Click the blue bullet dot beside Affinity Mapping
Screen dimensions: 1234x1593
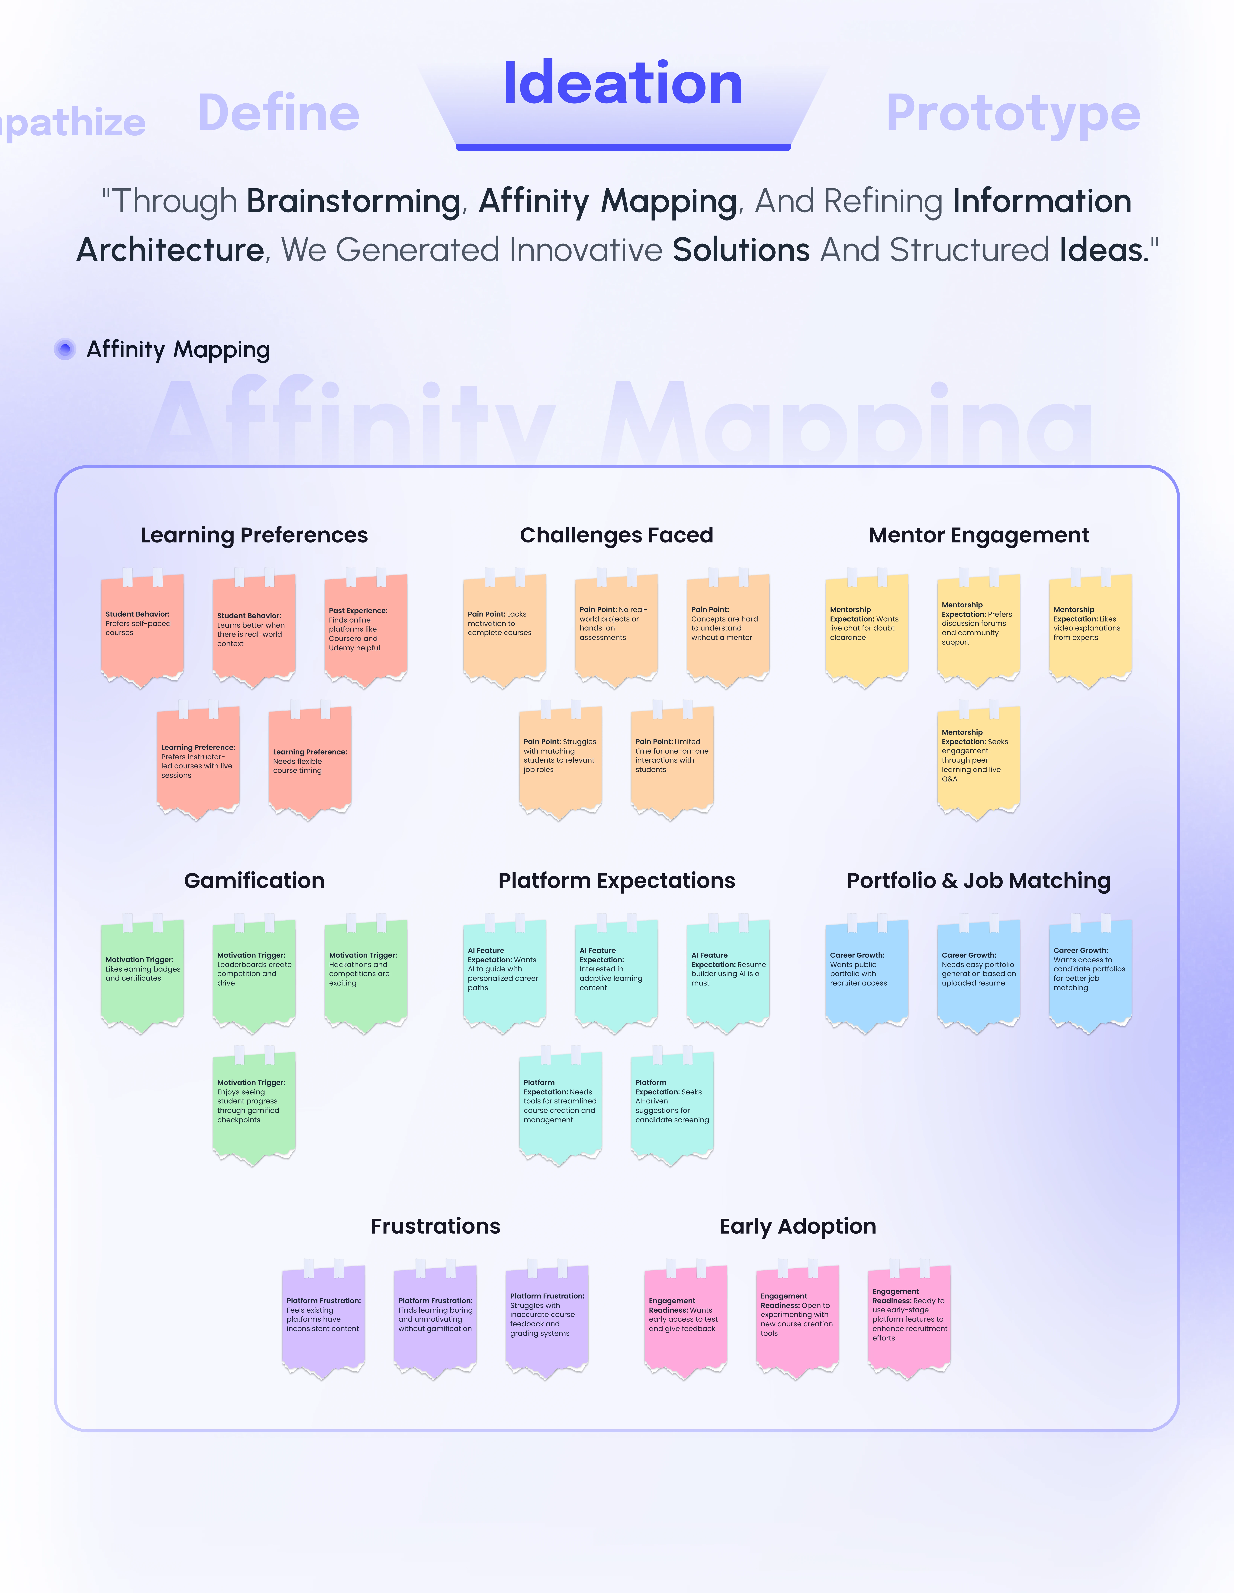click(x=65, y=349)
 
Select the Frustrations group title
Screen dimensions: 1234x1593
click(x=435, y=1226)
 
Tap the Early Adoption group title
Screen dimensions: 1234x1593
click(x=798, y=1226)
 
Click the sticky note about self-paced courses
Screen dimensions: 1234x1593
click(x=142, y=629)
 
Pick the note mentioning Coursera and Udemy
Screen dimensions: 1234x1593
click(x=365, y=629)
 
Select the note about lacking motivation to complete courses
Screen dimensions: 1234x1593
click(x=505, y=629)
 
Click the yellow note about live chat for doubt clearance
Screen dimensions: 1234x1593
click(x=866, y=629)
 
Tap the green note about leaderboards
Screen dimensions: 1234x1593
click(x=254, y=974)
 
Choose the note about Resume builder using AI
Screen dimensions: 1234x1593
click(x=728, y=974)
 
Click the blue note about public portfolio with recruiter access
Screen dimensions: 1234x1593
click(x=866, y=974)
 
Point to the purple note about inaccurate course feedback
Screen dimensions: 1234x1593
click(x=547, y=1320)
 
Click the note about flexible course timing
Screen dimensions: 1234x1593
click(x=310, y=761)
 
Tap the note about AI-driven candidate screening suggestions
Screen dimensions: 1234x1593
click(x=672, y=1106)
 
